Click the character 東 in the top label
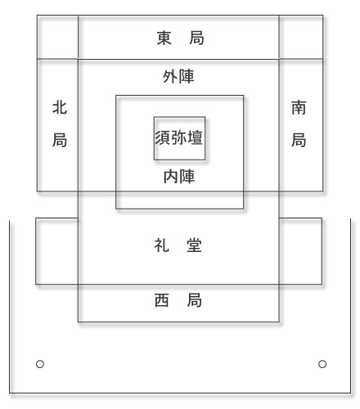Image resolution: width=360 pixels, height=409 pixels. [x=164, y=38]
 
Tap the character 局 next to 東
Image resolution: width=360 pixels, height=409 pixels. [x=196, y=38]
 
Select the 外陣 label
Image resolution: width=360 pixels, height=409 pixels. [x=178, y=77]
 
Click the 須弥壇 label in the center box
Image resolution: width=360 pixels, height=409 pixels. [x=179, y=137]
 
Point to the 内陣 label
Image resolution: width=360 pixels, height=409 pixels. [x=179, y=177]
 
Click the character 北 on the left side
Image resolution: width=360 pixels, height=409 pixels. [x=60, y=107]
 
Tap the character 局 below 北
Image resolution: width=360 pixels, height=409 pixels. [x=60, y=140]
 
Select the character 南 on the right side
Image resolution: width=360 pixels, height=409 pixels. [x=299, y=107]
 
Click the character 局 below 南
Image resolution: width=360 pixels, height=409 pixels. [x=299, y=140]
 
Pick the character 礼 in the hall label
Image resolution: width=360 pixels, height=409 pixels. [x=162, y=245]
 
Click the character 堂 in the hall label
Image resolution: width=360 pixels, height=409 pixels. [x=195, y=245]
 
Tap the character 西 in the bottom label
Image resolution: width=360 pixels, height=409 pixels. [x=162, y=300]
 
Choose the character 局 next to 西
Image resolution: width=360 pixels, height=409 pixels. [x=195, y=300]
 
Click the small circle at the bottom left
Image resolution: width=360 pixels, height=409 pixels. [x=40, y=364]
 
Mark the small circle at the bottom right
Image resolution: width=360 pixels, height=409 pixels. [x=322, y=364]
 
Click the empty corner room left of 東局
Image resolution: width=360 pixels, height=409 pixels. [x=57, y=37]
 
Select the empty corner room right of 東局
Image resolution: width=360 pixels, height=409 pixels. [x=301, y=37]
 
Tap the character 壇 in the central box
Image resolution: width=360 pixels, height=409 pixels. [x=196, y=137]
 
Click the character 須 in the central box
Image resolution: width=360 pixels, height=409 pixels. [x=163, y=137]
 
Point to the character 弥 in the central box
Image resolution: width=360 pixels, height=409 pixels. [x=179, y=137]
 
